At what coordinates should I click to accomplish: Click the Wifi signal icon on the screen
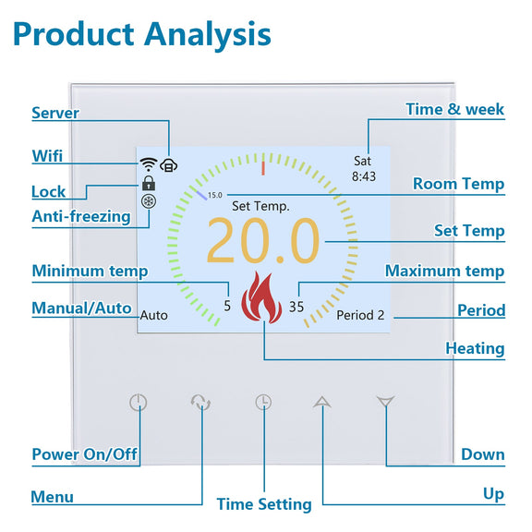pyautogui.click(x=149, y=164)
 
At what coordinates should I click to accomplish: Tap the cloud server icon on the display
pyautogui.click(x=169, y=165)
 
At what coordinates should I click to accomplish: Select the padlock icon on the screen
pyautogui.click(x=149, y=183)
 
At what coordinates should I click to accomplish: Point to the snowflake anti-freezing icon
pyautogui.click(x=149, y=201)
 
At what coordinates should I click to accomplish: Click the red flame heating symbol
pyautogui.click(x=261, y=297)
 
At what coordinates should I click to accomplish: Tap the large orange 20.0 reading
pyautogui.click(x=263, y=240)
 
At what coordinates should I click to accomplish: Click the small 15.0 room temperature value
pyautogui.click(x=215, y=195)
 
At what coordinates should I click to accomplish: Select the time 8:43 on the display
pyautogui.click(x=364, y=176)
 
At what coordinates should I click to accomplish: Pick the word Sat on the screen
pyautogui.click(x=362, y=161)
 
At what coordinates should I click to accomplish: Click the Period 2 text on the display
pyautogui.click(x=360, y=315)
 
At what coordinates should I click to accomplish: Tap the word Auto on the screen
pyautogui.click(x=153, y=316)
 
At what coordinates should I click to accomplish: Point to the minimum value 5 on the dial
pyautogui.click(x=227, y=306)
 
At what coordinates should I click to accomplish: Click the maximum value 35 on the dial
pyautogui.click(x=296, y=307)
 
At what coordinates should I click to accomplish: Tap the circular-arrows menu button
pyautogui.click(x=200, y=403)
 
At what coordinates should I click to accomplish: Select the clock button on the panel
pyautogui.click(x=263, y=402)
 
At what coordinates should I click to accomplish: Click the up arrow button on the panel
pyautogui.click(x=322, y=402)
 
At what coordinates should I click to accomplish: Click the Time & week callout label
pyautogui.click(x=455, y=109)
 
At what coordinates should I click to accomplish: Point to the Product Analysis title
pyautogui.click(x=142, y=34)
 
